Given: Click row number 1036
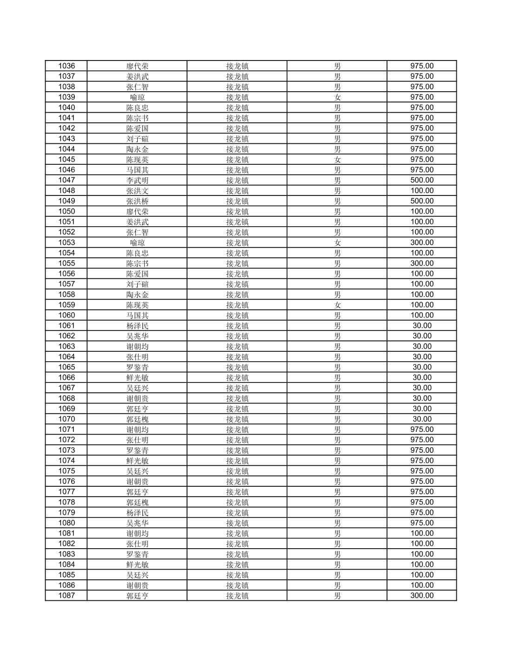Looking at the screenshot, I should click(x=66, y=66).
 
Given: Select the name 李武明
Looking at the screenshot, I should click(x=137, y=180).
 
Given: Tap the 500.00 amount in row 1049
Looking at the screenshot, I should click(x=421, y=201).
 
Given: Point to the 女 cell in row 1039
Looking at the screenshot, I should click(x=337, y=97).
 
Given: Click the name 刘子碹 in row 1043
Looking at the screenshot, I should click(x=137, y=139).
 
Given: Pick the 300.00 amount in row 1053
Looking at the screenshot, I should click(x=421, y=242).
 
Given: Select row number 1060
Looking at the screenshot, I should click(x=66, y=315).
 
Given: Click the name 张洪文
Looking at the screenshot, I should click(x=137, y=191).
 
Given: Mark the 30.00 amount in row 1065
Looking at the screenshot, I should click(x=421, y=367).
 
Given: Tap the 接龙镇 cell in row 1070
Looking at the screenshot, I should click(x=237, y=419).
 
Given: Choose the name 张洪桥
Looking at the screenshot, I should click(x=137, y=201).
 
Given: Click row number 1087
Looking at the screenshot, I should click(x=66, y=596).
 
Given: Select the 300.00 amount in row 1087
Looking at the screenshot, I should click(x=421, y=596).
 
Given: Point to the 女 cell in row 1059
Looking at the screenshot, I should click(x=337, y=305).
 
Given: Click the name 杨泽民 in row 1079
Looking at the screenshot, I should click(x=137, y=512).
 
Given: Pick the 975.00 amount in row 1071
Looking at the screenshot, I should click(x=421, y=430).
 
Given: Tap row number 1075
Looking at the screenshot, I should click(x=66, y=471).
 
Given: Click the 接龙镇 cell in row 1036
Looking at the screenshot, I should click(x=237, y=66).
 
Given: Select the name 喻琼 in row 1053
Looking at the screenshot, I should click(x=137, y=242).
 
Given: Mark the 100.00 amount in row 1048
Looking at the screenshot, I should click(x=421, y=191).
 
